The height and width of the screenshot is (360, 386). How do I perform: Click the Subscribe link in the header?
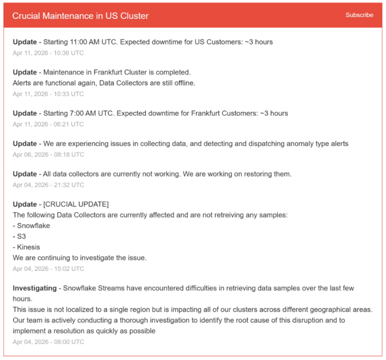tap(359, 15)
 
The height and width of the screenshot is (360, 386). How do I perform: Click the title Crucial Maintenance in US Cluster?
tap(80, 16)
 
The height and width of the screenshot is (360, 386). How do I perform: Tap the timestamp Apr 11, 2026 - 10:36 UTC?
tap(48, 53)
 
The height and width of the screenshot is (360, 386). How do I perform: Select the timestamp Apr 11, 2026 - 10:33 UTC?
tap(48, 94)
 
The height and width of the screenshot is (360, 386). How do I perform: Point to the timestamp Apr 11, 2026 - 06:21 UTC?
tap(48, 124)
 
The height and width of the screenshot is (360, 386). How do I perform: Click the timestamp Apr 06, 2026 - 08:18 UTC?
tap(48, 155)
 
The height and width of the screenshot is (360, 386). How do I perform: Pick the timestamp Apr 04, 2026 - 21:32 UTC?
tap(48, 185)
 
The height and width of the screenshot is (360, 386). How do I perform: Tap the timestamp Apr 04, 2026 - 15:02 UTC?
tap(48, 269)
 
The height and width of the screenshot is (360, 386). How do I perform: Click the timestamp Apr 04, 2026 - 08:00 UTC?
tap(48, 342)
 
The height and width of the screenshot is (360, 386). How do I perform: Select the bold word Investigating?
tap(34, 289)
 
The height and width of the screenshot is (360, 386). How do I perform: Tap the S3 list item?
tap(22, 237)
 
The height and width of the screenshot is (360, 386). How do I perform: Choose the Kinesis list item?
tap(28, 247)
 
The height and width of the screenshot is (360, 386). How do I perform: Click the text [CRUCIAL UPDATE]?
tap(76, 205)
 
